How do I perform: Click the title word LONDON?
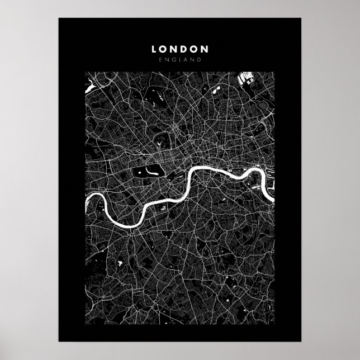point(180,49)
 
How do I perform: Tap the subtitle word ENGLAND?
point(180,60)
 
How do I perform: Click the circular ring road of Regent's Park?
point(162,140)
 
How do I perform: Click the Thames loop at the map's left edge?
point(98,204)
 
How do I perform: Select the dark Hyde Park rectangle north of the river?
point(146,173)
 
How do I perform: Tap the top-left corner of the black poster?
point(59,18)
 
